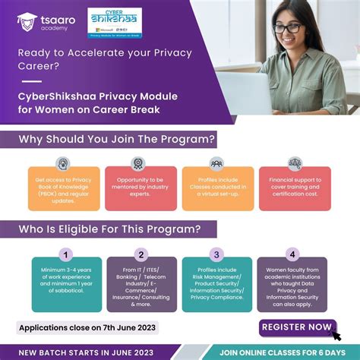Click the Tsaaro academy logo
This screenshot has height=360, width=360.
point(42,22)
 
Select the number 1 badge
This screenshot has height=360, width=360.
point(67,254)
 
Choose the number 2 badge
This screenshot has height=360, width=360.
point(141,254)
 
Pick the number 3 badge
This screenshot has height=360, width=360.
point(217,254)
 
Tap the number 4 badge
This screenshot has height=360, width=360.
point(292,254)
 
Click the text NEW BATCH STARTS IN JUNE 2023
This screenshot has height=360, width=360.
point(85,352)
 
